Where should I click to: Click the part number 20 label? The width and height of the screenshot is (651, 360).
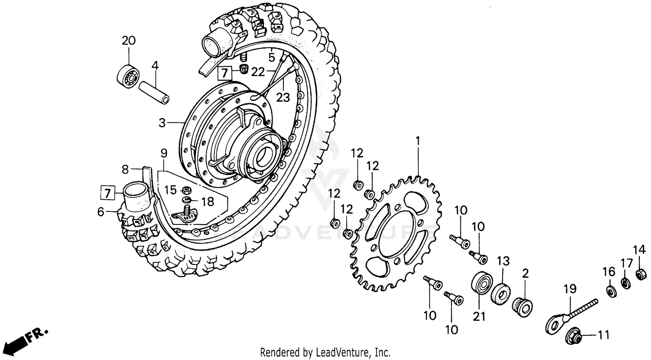(x=128, y=41)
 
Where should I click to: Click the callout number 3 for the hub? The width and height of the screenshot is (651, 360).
(x=162, y=123)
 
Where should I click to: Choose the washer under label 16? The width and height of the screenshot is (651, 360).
(x=610, y=291)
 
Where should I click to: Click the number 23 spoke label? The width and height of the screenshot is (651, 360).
(x=283, y=98)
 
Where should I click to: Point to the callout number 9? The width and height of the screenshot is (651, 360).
(x=164, y=153)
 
